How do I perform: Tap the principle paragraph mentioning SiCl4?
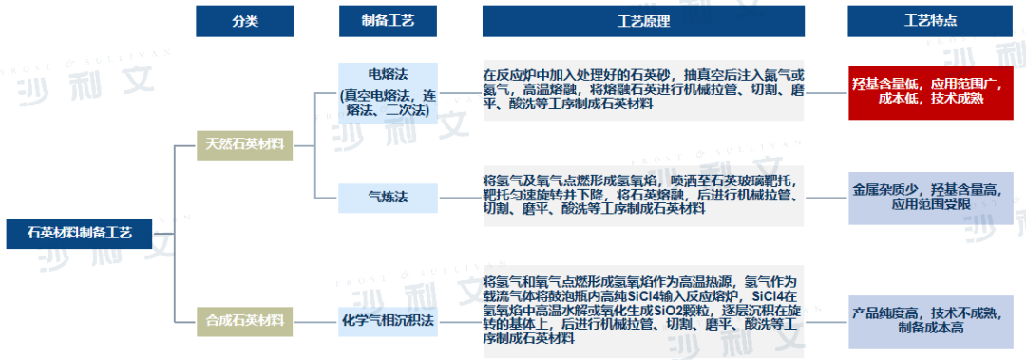point(643,310)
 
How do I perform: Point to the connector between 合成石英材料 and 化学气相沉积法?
point(316,320)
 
